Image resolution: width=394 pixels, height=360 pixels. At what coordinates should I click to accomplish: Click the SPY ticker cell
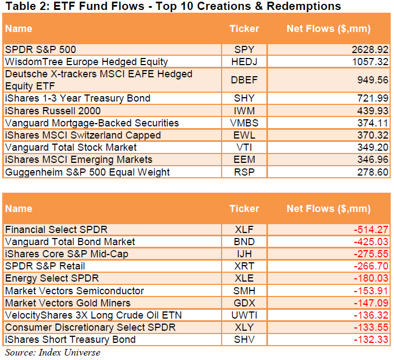(x=244, y=50)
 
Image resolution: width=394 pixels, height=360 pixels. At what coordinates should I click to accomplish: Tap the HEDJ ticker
(x=244, y=62)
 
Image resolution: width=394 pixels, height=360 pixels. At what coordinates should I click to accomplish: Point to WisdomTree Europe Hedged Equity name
(x=86, y=62)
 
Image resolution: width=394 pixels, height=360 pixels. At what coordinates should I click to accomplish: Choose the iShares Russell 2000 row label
(x=52, y=111)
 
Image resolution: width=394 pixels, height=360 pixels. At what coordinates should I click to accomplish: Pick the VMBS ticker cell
(x=244, y=123)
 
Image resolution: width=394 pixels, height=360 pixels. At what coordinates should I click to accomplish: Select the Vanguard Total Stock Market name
(x=71, y=147)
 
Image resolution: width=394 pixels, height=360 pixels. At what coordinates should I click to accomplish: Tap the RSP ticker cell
(x=244, y=172)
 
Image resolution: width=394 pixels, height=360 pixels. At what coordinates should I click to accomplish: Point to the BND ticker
(x=244, y=242)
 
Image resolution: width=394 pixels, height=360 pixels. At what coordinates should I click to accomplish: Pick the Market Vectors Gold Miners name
(x=68, y=303)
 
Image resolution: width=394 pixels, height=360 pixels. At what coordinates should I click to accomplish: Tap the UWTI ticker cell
(x=244, y=315)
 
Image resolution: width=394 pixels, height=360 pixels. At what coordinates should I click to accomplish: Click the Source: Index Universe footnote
(x=53, y=352)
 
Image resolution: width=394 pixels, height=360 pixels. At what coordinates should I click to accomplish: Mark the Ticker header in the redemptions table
(x=244, y=209)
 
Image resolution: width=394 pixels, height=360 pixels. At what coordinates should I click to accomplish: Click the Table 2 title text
(x=172, y=7)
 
